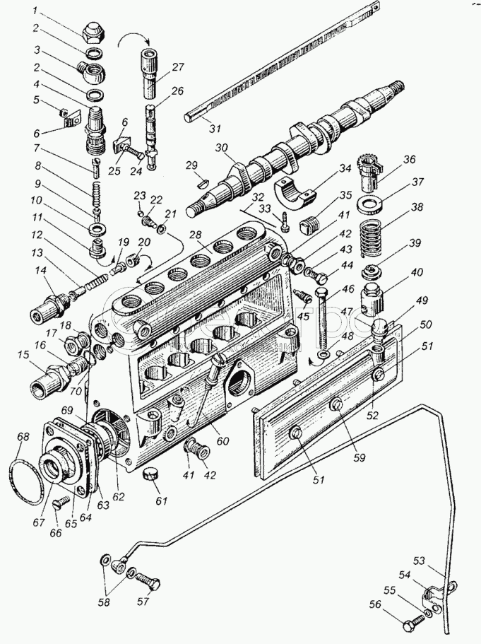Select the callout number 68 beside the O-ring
(24, 437)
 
